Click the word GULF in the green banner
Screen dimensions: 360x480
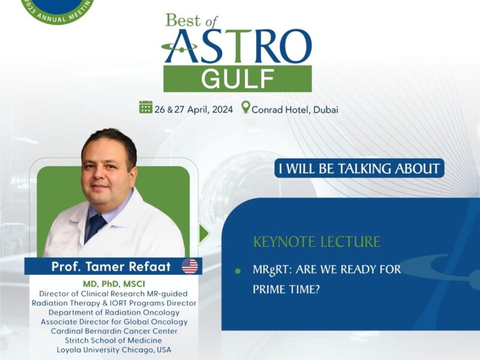click(x=237, y=79)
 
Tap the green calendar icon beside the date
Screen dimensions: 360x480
click(x=145, y=107)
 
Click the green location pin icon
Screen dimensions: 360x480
click(x=245, y=107)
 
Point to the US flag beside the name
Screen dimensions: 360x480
click(x=190, y=266)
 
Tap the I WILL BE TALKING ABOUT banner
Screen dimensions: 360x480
click(x=359, y=168)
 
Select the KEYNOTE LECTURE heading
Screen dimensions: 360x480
click(x=317, y=242)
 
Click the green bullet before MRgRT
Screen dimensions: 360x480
click(x=238, y=271)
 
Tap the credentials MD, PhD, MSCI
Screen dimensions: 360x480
click(x=113, y=283)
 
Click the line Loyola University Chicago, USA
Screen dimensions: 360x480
click(x=113, y=349)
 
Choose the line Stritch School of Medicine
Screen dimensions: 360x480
click(x=113, y=340)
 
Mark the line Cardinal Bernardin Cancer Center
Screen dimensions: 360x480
click(x=113, y=331)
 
